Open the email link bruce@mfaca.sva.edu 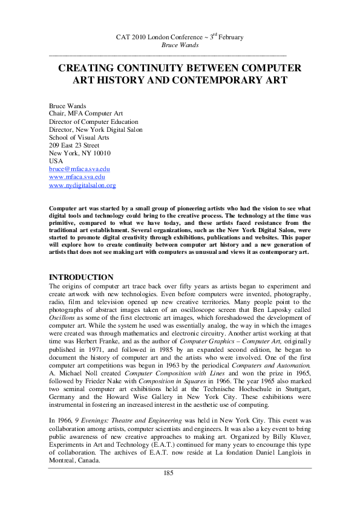point(79,169)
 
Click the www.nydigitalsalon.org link point(82,186)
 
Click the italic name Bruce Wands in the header point(180,45)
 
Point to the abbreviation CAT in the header point(122,37)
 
